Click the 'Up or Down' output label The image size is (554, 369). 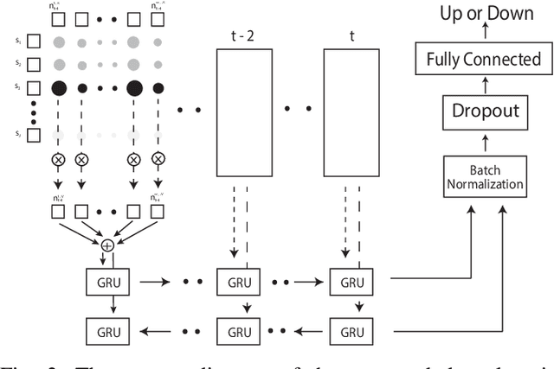point(486,14)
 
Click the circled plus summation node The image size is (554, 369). point(108,246)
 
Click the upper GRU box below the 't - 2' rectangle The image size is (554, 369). point(235,282)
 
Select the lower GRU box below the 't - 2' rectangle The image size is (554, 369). point(235,329)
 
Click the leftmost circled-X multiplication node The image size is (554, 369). point(59,160)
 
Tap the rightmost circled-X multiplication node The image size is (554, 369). point(158,160)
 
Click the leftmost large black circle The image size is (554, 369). point(59,87)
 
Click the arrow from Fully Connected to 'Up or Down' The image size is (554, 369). point(486,35)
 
